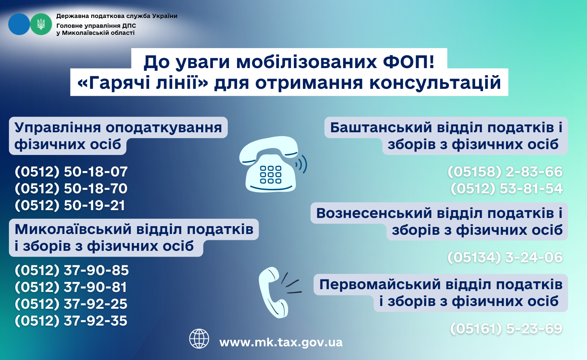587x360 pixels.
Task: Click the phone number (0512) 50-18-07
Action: point(71,172)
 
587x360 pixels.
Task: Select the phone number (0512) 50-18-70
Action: point(71,189)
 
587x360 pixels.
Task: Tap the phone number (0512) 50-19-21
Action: point(70,205)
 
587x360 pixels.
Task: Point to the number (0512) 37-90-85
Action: point(72,270)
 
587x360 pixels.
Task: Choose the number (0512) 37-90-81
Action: point(71,287)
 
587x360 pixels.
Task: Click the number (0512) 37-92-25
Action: point(71,304)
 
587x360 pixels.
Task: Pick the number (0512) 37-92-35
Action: point(71,321)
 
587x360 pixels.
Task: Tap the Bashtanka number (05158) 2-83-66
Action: point(505,172)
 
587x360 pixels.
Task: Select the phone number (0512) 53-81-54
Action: point(506,189)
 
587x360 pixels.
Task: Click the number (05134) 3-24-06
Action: point(505,257)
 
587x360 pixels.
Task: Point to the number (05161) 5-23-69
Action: point(506,329)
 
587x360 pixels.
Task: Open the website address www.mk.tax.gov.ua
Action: point(281,342)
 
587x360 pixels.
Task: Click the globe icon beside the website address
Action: point(199,339)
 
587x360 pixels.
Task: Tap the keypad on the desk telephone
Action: point(270,175)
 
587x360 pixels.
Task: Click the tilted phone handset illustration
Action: point(274,292)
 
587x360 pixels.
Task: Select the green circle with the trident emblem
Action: point(41,24)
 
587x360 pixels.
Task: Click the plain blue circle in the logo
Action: point(19,24)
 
